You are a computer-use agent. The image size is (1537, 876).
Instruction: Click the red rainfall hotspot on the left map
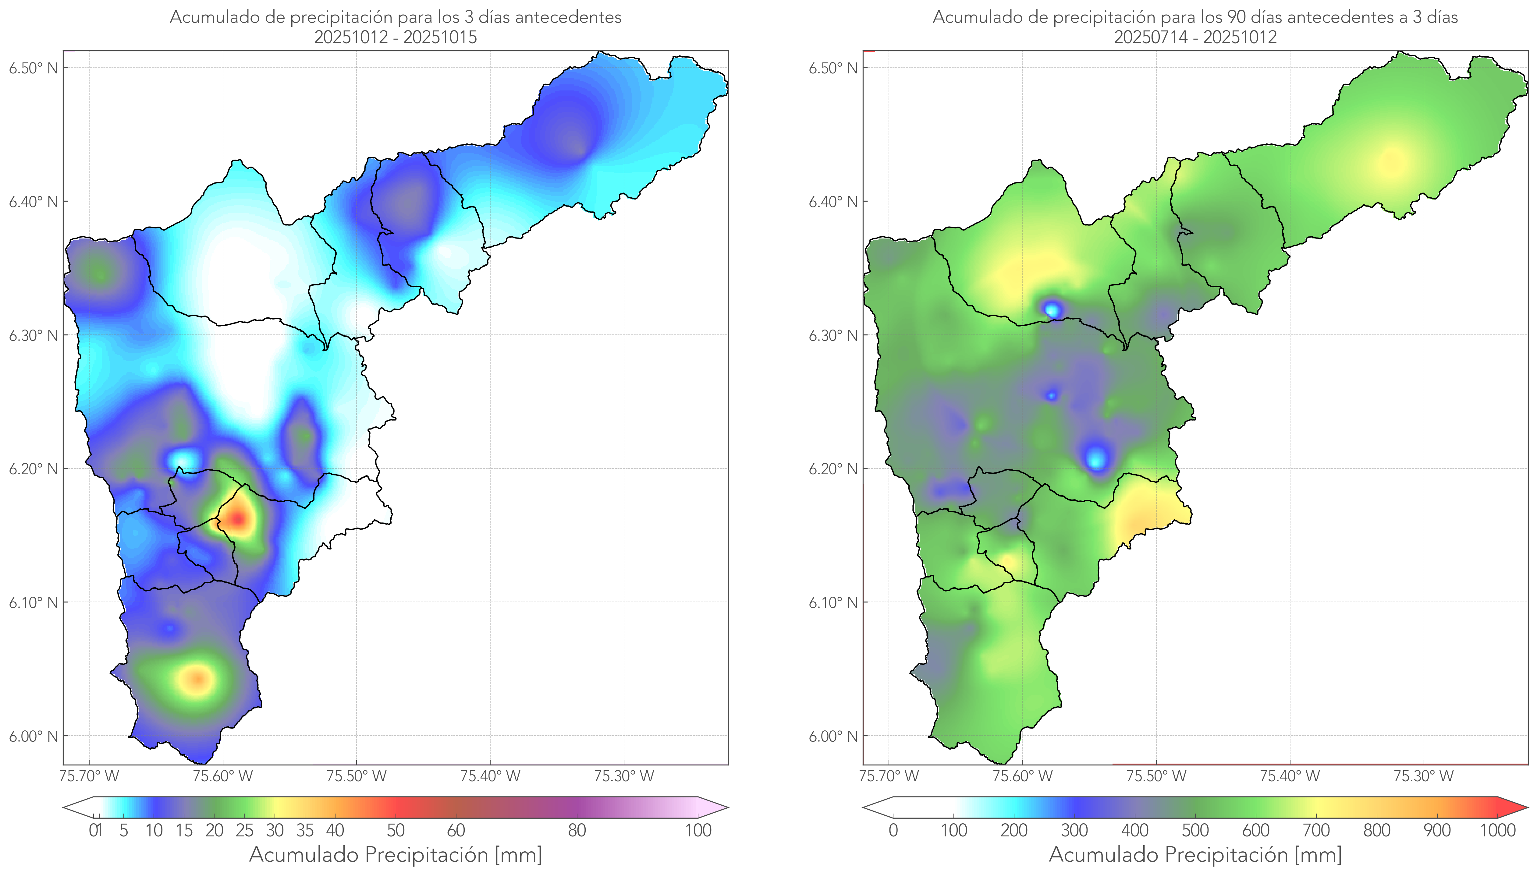coord(238,519)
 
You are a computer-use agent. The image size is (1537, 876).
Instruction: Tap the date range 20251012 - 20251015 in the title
coord(396,37)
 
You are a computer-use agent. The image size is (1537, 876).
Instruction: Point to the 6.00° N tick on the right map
coord(833,736)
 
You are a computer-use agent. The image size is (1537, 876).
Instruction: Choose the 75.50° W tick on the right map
coord(1156,776)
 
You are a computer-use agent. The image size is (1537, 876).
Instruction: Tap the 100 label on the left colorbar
coord(698,831)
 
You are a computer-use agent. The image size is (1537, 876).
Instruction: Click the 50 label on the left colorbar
coord(396,831)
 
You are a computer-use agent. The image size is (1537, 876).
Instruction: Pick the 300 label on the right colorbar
coord(1074,831)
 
